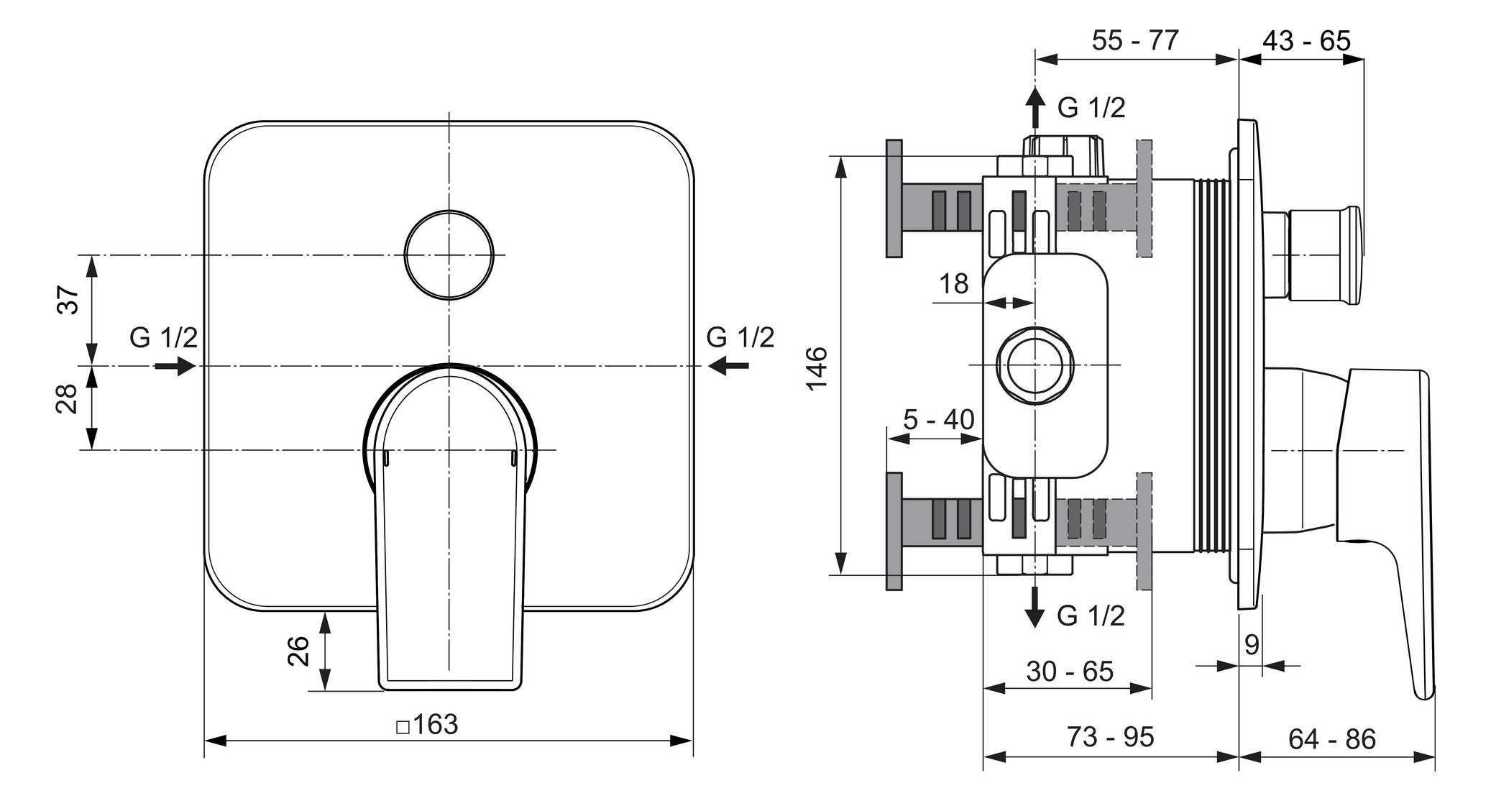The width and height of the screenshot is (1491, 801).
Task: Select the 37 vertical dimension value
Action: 68,300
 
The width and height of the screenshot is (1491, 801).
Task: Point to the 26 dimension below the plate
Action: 298,651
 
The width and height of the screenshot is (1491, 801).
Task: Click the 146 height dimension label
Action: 817,368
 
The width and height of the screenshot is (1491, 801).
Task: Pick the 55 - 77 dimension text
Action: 1135,40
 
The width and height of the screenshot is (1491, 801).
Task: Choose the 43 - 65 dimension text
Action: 1306,40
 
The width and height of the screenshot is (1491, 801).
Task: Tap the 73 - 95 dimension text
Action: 1110,736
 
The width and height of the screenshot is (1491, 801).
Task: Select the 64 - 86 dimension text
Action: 1331,738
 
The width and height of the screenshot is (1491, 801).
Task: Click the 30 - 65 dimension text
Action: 1070,671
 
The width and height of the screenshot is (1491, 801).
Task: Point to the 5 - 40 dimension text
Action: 938,419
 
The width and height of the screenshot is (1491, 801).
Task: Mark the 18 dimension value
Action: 954,284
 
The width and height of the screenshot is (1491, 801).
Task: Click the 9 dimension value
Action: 1252,645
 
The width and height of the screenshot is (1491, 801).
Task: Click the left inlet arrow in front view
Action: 175,366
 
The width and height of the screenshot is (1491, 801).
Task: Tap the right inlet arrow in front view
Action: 728,366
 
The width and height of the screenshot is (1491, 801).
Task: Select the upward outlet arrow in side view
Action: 1034,107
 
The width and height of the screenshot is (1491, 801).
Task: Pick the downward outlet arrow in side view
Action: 1034,607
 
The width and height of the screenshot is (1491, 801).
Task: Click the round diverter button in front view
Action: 449,255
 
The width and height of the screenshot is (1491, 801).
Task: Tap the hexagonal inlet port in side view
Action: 1035,365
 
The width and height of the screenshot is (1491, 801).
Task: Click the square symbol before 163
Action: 403,727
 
